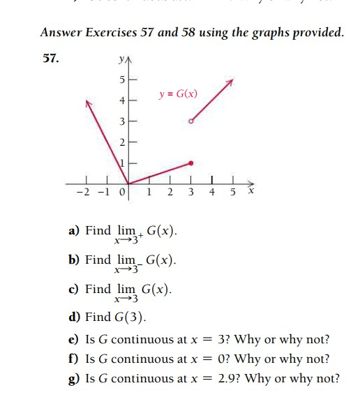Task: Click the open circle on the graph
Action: point(191,121)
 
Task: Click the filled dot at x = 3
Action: point(191,163)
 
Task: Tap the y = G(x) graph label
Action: point(178,93)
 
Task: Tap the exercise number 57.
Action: point(49,59)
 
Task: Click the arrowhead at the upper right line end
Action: point(230,82)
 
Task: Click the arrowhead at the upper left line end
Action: point(89,103)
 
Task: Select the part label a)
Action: point(74,231)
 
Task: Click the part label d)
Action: point(74,317)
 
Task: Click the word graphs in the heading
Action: point(277,33)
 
